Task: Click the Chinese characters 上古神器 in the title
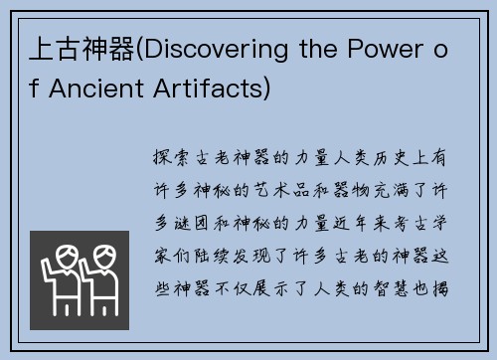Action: (x=69, y=49)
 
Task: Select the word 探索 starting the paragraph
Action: (x=174, y=157)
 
